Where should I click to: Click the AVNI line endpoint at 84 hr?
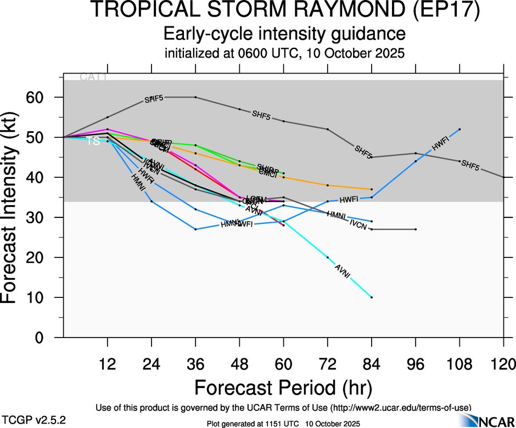click(372, 297)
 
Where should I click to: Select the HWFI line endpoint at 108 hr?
click(459, 129)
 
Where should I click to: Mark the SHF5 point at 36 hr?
click(195, 97)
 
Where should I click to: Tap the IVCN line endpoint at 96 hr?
click(416, 229)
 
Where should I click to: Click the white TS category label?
click(94, 142)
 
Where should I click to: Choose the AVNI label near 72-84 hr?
click(343, 271)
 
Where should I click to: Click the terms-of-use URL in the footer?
click(401, 408)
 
